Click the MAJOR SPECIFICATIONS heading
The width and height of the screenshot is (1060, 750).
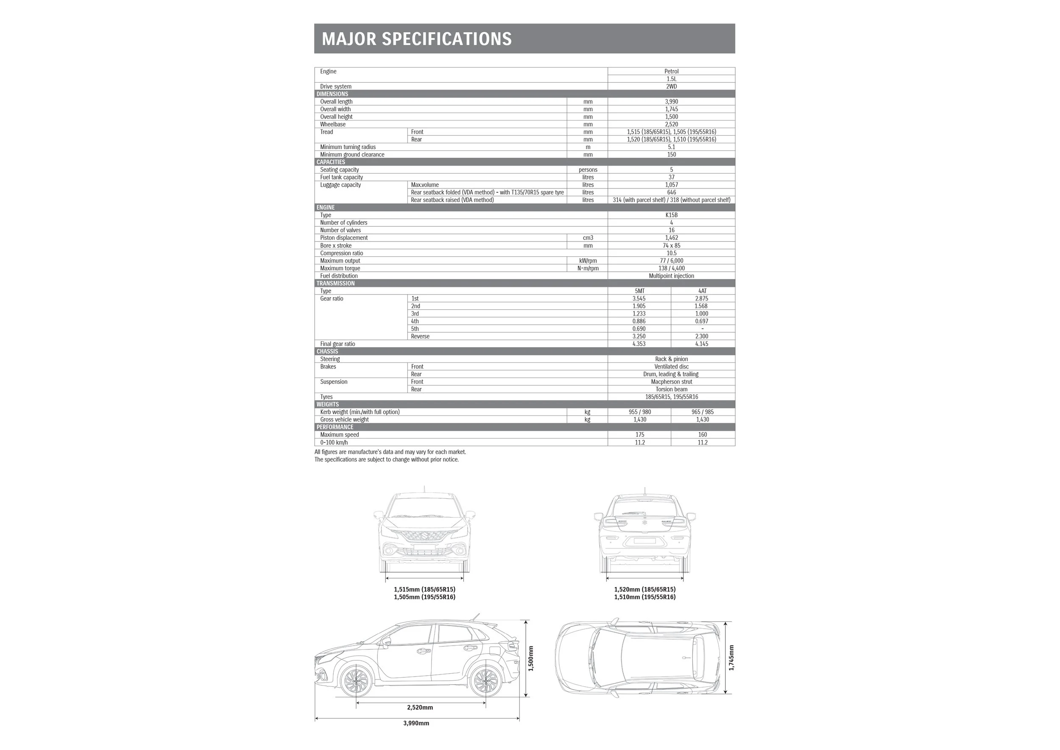416,39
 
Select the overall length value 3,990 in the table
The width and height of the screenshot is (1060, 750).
671,102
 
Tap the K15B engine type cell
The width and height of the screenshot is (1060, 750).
671,215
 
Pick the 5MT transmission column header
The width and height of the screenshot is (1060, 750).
639,291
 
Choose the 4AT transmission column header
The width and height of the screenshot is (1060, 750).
702,291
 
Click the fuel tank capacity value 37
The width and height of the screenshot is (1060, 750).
671,177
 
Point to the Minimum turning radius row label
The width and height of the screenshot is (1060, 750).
348,147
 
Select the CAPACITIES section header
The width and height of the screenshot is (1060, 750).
331,162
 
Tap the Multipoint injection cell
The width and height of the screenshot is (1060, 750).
671,276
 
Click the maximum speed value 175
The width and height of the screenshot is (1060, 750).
639,434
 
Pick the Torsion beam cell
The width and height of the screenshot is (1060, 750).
671,389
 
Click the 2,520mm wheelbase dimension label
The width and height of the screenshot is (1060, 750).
420,708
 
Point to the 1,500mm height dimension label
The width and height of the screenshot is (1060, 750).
530,658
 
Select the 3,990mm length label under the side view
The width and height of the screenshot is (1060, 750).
416,723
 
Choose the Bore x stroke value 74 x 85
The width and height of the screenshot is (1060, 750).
671,245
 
